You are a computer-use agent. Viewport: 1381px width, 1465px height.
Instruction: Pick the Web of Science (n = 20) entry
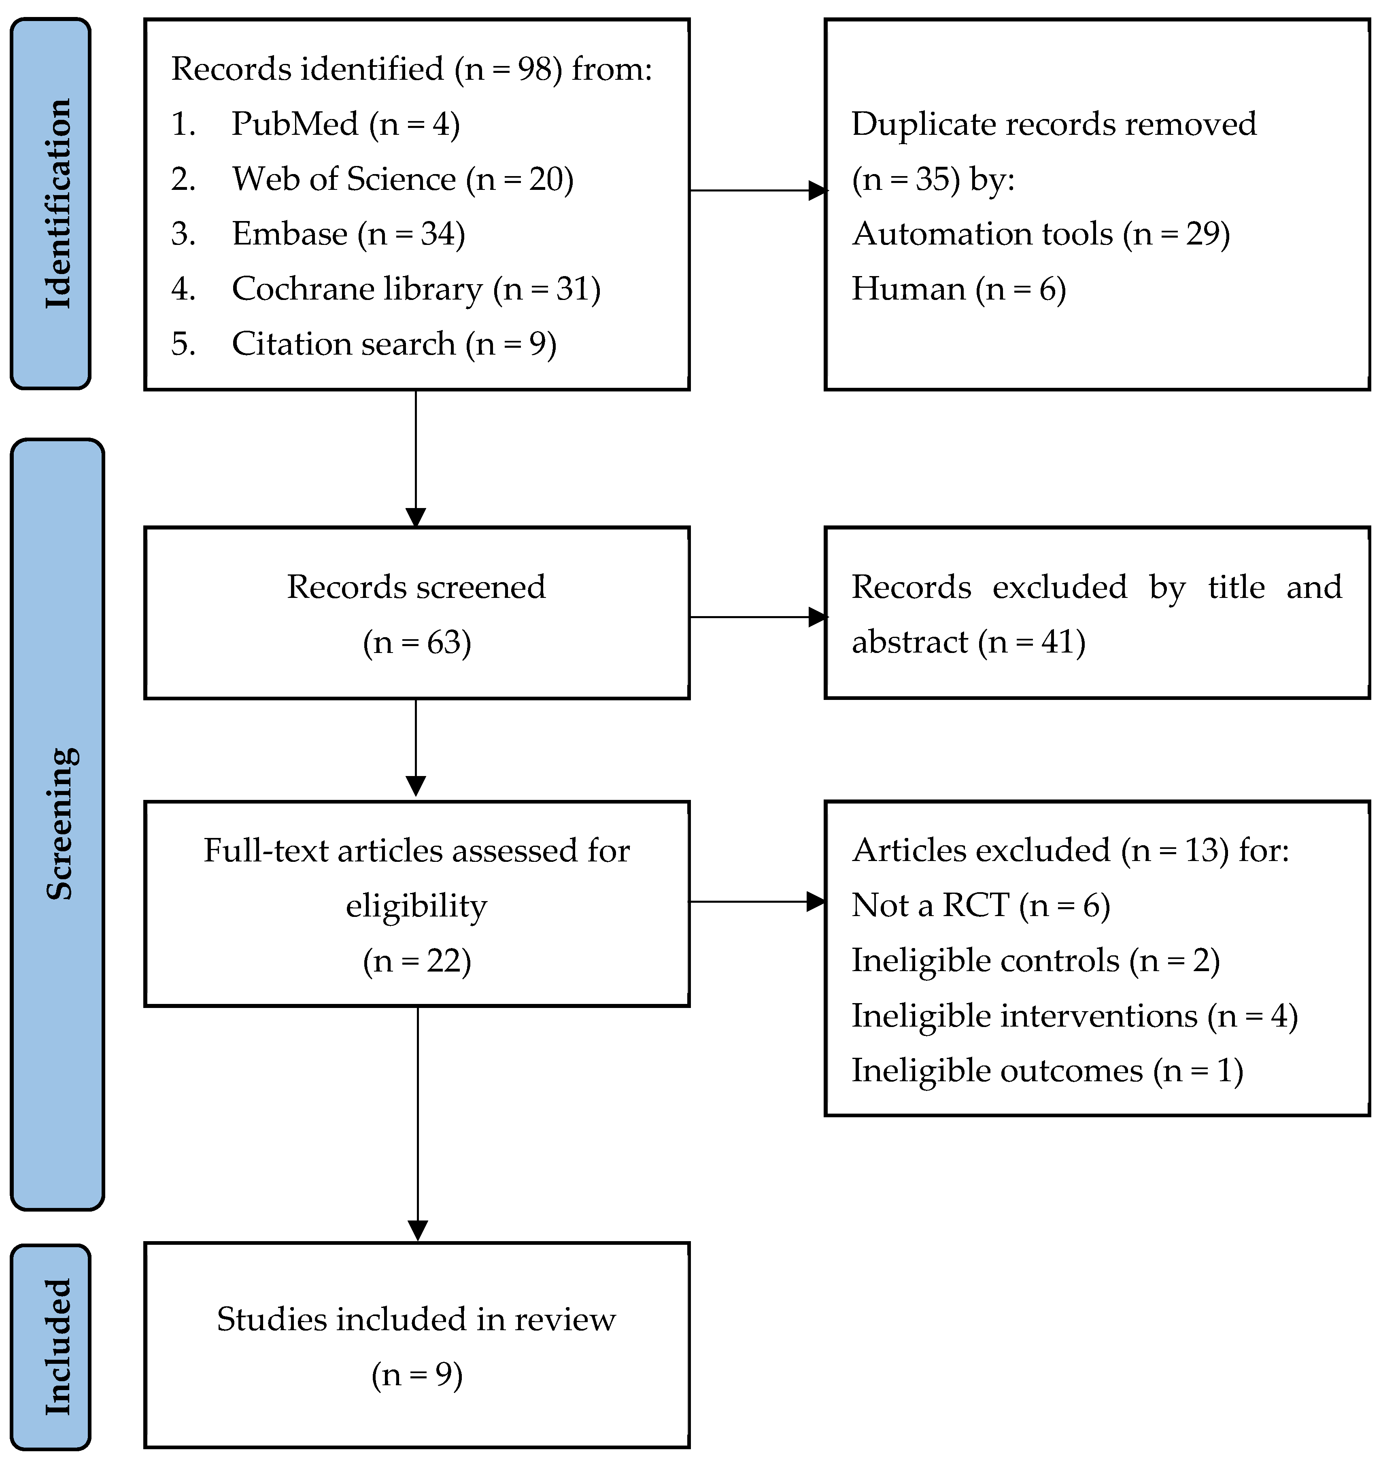[x=372, y=179]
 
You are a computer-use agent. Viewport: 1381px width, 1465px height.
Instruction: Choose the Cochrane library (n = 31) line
[x=386, y=289]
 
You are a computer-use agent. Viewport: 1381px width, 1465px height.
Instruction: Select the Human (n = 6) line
[x=959, y=289]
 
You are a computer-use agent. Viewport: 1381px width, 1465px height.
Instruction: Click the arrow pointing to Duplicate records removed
[x=758, y=191]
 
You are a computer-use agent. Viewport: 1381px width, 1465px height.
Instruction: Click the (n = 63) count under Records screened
[x=417, y=642]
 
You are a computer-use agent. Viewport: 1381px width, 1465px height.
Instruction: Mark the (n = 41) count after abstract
[x=1032, y=642]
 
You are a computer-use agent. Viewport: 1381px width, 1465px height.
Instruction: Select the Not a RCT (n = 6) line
[x=981, y=906]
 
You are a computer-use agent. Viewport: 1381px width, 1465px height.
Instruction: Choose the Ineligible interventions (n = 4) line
[x=1075, y=1016]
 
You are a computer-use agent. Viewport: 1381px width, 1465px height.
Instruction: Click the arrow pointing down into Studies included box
[x=418, y=1125]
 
